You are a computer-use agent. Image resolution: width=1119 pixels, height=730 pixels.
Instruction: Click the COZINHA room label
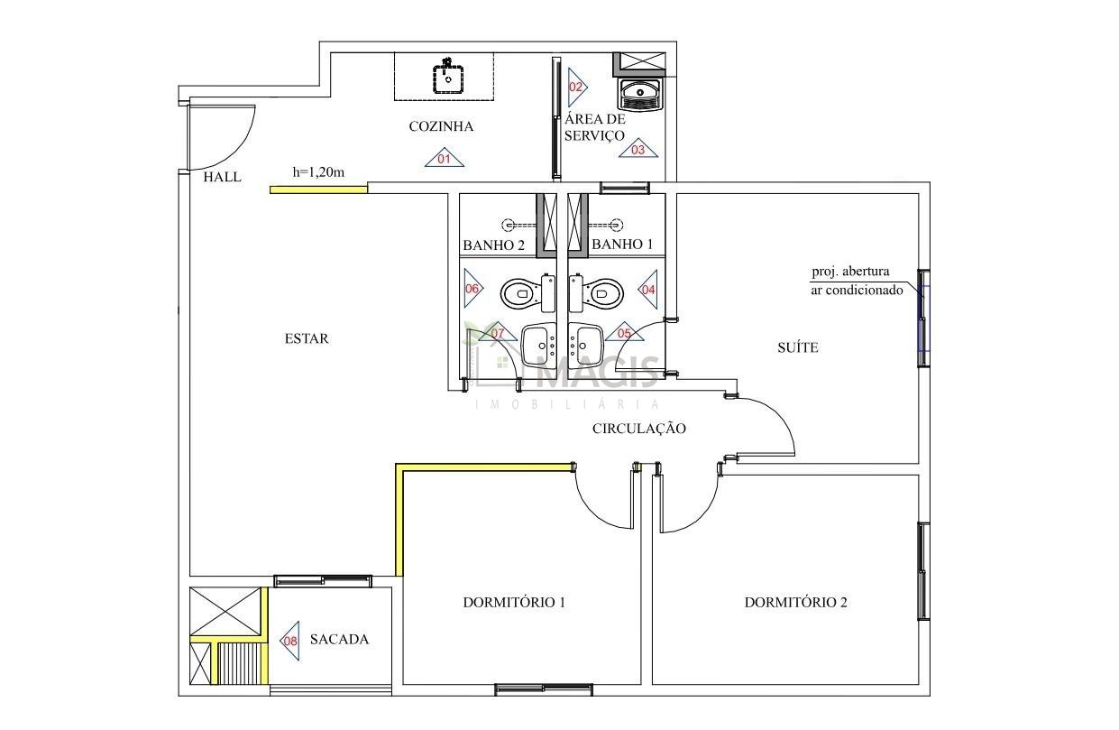(x=441, y=126)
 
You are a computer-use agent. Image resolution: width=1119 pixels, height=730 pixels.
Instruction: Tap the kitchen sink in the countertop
(x=447, y=78)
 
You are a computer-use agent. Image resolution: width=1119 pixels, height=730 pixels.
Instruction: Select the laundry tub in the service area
(x=640, y=94)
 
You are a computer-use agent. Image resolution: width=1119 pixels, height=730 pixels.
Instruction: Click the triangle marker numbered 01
(x=445, y=158)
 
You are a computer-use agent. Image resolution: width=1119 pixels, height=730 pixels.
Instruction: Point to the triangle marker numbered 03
(x=637, y=148)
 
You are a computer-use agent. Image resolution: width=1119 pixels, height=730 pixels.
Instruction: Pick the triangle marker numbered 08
(x=290, y=641)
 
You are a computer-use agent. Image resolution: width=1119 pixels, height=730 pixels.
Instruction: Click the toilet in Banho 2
(x=528, y=293)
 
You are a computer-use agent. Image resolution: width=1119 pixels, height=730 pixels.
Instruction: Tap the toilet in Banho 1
(x=596, y=293)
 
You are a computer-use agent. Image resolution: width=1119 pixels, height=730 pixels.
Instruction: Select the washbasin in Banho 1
(x=586, y=345)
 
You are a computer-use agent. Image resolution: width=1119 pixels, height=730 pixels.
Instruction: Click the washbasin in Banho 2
(x=538, y=345)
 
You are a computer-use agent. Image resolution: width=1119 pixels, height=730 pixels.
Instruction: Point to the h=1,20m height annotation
(x=318, y=172)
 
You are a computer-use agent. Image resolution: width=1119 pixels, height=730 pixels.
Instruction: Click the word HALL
(x=223, y=177)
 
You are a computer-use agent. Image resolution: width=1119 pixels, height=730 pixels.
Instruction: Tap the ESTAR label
(x=307, y=339)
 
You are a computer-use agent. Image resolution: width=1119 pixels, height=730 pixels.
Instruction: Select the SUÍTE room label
(x=798, y=347)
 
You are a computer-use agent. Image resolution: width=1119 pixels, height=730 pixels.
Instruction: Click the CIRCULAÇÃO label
(x=639, y=429)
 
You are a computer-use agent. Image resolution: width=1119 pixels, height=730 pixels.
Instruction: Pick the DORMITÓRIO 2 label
(x=796, y=602)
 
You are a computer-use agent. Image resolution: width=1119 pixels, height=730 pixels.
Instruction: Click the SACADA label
(x=339, y=639)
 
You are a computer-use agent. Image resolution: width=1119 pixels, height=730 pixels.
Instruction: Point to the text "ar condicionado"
(x=857, y=290)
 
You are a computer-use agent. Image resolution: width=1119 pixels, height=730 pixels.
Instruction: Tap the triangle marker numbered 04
(x=648, y=289)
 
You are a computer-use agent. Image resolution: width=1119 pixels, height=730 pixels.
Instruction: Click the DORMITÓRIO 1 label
(x=514, y=602)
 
